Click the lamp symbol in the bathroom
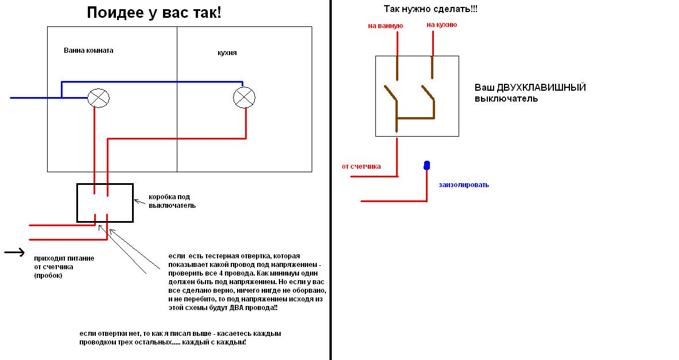(98, 98)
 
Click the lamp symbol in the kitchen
(245, 98)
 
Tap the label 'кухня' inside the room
(227, 53)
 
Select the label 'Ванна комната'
(88, 51)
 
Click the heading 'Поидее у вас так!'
(154, 12)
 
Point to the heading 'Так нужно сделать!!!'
(430, 9)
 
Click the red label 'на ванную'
(385, 26)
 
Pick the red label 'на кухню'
(442, 25)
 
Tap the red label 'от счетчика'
(361, 167)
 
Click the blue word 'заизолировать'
(464, 184)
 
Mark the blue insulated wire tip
(426, 165)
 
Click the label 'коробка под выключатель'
(172, 201)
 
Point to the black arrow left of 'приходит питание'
(14, 252)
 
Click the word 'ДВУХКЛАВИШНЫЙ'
(541, 87)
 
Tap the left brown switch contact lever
(391, 93)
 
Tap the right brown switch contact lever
(428, 93)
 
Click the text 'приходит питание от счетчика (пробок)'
(64, 267)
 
